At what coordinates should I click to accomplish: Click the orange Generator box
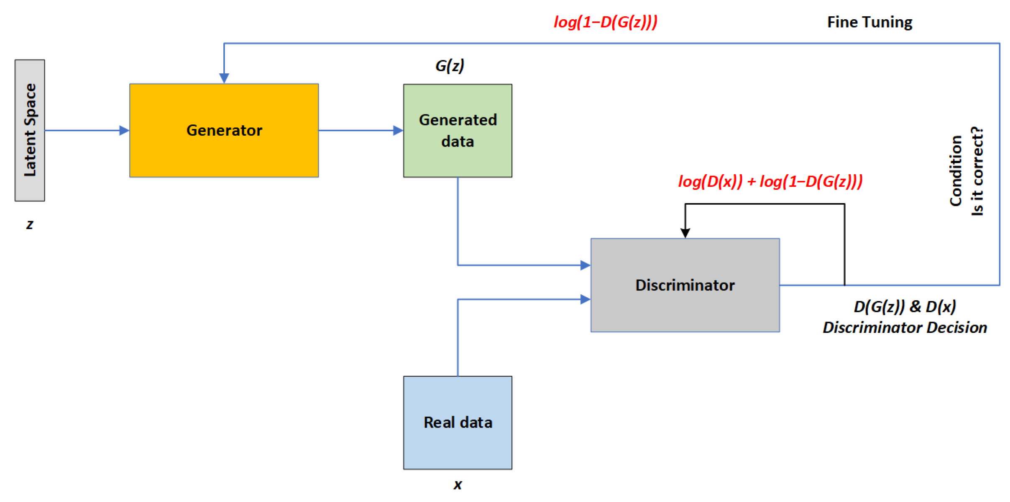[224, 130]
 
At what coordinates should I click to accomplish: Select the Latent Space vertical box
[30, 130]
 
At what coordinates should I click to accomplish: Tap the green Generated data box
[457, 130]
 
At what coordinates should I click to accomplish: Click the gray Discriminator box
[685, 285]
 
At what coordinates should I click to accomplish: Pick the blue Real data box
[457, 422]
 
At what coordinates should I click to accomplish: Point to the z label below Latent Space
[30, 225]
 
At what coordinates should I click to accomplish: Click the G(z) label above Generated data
[450, 66]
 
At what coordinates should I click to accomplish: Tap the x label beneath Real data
[458, 484]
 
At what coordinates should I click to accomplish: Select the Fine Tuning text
[869, 22]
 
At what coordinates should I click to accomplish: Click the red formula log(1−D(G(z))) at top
[605, 22]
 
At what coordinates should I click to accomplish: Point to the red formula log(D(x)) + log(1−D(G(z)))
[770, 181]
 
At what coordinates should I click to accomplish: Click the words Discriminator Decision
[905, 327]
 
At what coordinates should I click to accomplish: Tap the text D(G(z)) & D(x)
[905, 306]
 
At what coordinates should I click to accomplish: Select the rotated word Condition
[956, 170]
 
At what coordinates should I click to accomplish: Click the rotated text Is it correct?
[977, 170]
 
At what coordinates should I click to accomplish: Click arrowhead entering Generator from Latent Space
[124, 130]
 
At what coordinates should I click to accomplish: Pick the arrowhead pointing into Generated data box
[398, 130]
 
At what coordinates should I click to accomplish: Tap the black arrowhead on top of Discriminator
[685, 233]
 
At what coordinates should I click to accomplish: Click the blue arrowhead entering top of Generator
[224, 78]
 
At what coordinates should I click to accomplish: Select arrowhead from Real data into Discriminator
[585, 299]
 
